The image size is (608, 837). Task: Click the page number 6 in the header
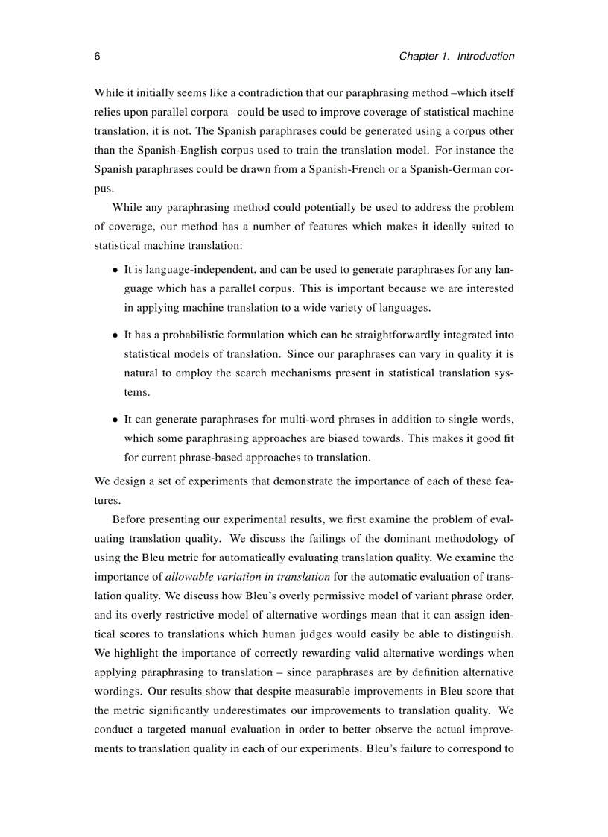click(x=98, y=57)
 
